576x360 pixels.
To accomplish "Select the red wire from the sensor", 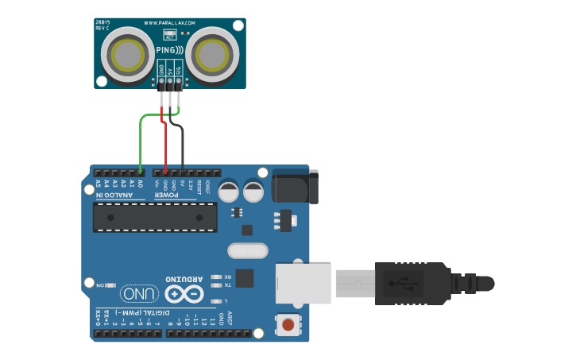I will tap(165, 147).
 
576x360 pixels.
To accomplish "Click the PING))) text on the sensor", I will tap(169, 50).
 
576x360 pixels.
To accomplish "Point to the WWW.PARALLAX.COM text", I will tap(170, 23).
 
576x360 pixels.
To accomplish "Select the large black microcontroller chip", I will tap(155, 216).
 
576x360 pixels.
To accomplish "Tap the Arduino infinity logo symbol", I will tap(184, 293).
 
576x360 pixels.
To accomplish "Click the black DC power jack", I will tap(294, 186).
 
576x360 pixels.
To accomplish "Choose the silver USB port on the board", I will tap(303, 284).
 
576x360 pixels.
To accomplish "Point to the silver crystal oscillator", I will tap(249, 250).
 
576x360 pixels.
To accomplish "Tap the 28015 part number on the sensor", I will tap(102, 22).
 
